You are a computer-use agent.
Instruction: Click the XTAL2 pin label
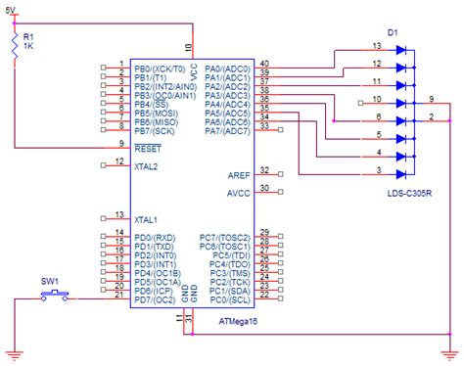click(x=148, y=166)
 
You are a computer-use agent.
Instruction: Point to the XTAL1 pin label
click(x=148, y=219)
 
